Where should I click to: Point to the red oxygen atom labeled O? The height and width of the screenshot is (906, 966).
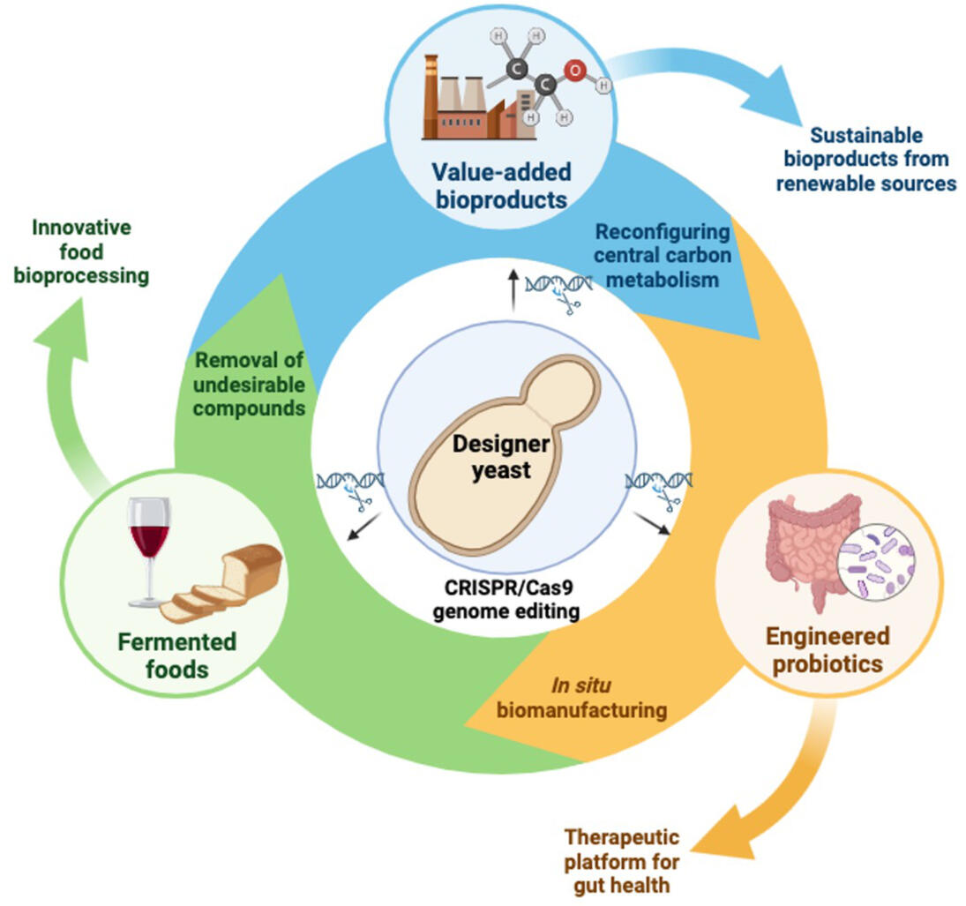click(574, 72)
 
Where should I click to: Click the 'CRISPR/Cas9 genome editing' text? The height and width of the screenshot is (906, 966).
click(498, 599)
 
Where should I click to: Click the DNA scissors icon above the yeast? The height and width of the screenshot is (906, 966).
click(558, 288)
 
